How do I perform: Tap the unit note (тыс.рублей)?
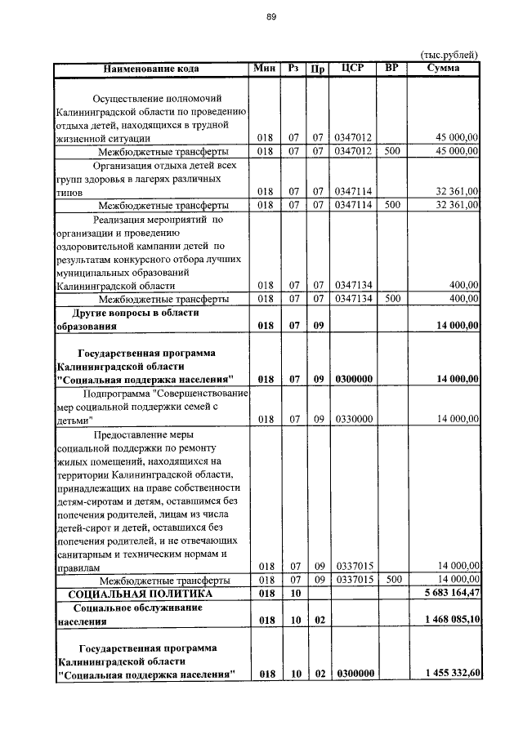(x=449, y=55)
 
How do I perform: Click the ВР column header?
(x=391, y=68)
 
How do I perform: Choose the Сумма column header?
(x=444, y=68)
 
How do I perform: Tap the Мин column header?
(x=265, y=68)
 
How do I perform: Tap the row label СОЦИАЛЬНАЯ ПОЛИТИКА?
(x=140, y=593)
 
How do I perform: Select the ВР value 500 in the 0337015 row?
(x=392, y=579)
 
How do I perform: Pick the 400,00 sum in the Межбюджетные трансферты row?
(x=463, y=298)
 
